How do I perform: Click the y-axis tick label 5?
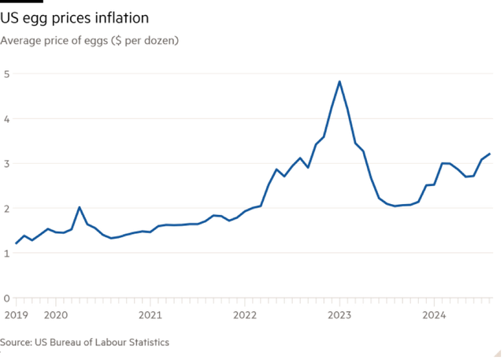click(x=6, y=73)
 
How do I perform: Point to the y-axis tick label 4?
click(x=6, y=119)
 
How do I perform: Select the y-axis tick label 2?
click(x=6, y=209)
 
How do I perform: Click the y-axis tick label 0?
click(x=6, y=299)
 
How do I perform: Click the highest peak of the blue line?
click(x=339, y=82)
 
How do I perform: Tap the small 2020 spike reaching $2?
click(x=79, y=208)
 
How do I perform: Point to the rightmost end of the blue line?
click(x=490, y=154)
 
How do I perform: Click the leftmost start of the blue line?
click(x=16, y=244)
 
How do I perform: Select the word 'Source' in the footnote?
click(x=15, y=343)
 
